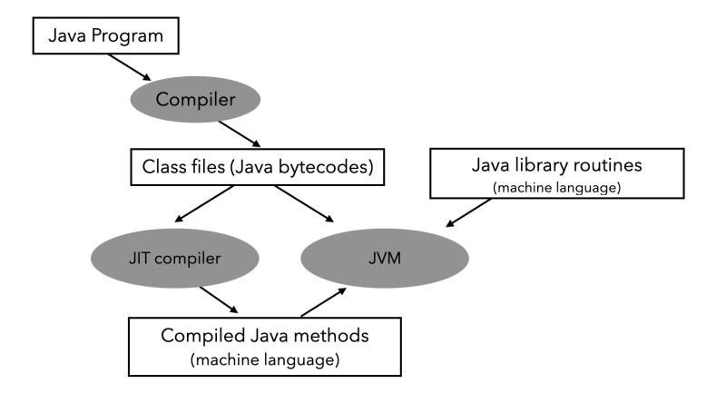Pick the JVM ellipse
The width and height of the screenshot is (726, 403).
tap(385, 257)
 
